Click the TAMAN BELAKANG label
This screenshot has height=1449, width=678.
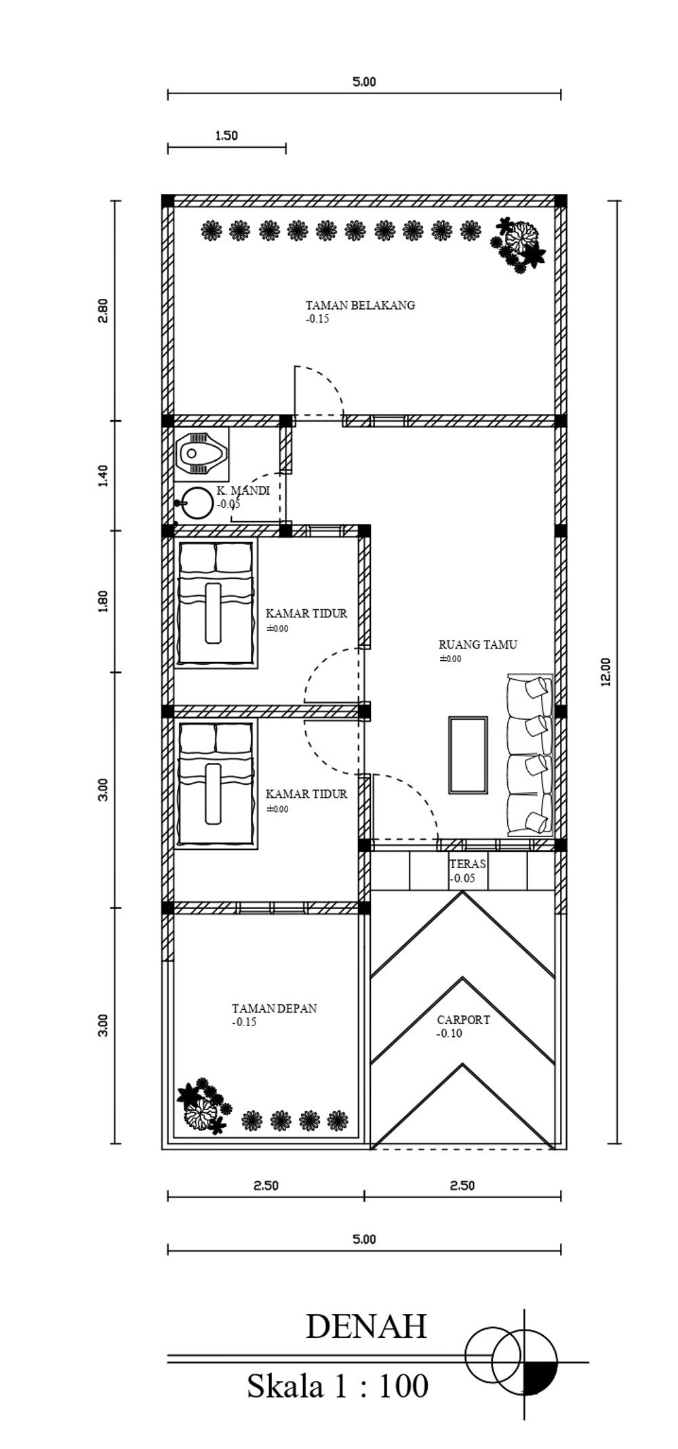(360, 305)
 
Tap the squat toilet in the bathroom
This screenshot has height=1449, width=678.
(201, 453)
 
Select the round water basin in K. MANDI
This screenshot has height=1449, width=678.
(195, 504)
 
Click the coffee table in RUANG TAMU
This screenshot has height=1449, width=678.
(468, 755)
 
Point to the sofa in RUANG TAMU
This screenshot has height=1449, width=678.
(531, 755)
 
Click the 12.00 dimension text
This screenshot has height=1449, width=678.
(605, 672)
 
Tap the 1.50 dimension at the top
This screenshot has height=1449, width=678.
(226, 136)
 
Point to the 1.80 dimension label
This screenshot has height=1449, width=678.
(102, 602)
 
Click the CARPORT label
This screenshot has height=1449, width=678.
(463, 1019)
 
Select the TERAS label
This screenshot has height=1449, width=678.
(468, 864)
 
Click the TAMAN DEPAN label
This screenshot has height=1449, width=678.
(274, 1008)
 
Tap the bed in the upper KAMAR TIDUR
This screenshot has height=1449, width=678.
(216, 604)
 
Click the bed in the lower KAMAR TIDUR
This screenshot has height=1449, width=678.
(216, 783)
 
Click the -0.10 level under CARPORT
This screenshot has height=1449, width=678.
(450, 1034)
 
